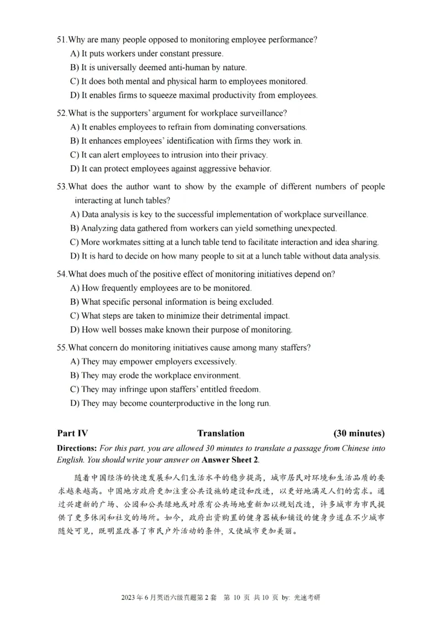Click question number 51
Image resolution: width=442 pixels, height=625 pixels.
pos(61,40)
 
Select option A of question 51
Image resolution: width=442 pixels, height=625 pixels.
pos(75,54)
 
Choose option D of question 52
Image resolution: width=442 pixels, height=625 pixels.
pos(75,168)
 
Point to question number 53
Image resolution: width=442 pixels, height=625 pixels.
pos(61,187)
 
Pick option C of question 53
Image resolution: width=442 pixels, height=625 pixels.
pos(75,242)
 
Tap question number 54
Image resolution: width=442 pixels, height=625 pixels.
pos(61,274)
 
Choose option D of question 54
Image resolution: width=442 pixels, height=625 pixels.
pos(75,330)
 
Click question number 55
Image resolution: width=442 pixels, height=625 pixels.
pos(61,348)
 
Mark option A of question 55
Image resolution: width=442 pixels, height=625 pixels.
pos(75,362)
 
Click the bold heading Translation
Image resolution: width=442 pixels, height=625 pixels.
pos(220,433)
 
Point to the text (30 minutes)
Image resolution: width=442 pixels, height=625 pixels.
pos(359,433)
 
